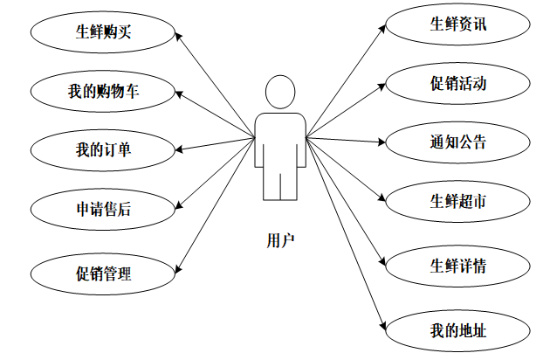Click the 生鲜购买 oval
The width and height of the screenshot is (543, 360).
tap(103, 32)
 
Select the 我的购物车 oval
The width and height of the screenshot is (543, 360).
tap(103, 91)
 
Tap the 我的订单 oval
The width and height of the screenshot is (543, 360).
tap(103, 149)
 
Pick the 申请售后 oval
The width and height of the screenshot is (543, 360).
tap(103, 208)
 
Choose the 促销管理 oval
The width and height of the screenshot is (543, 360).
tap(103, 273)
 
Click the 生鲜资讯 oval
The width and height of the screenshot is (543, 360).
tap(457, 24)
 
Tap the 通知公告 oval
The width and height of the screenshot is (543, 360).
tap(457, 142)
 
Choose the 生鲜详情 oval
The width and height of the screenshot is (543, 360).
tap(457, 266)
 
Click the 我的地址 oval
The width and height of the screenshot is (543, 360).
tap(457, 329)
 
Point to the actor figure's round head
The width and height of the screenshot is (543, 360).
tap(280, 93)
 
